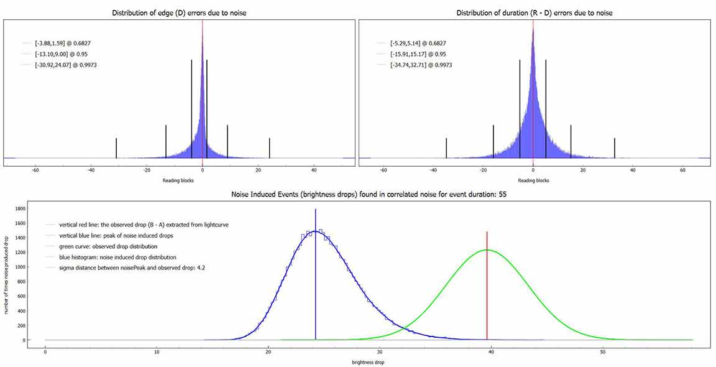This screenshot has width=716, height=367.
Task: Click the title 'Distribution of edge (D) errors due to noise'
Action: tap(179, 13)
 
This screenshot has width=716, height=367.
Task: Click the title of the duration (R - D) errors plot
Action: tap(534, 13)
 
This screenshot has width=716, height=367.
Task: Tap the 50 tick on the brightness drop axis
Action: tap(602, 352)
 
